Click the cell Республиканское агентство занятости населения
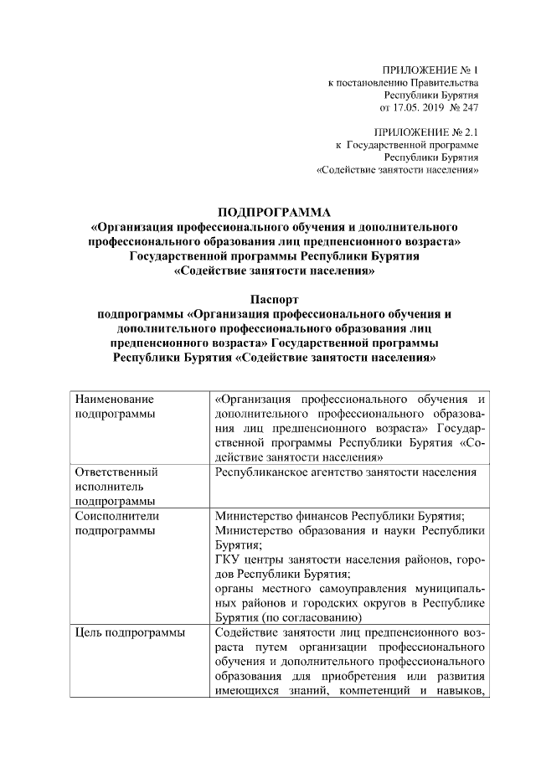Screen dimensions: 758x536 pyautogui.click(x=346, y=472)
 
